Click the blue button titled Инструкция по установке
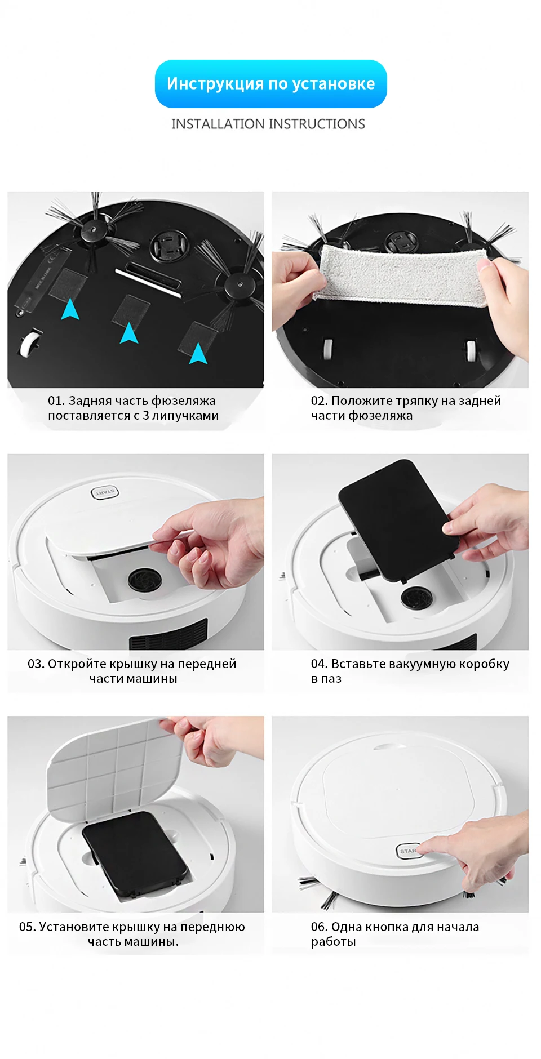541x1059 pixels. (270, 83)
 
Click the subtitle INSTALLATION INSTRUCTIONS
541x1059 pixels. (268, 124)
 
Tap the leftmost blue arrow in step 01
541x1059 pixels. (70, 309)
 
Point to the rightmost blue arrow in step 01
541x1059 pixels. (198, 353)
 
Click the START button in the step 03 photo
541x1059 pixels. (105, 493)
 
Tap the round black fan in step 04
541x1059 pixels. (417, 597)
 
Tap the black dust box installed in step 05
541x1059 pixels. (135, 853)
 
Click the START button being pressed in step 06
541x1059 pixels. (409, 851)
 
